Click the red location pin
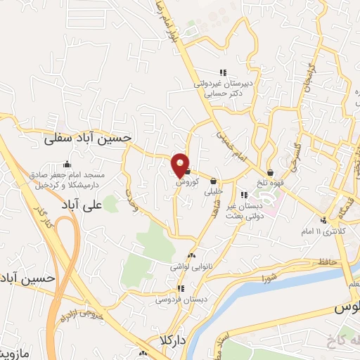tap(180, 165)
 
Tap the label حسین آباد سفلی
tap(87, 139)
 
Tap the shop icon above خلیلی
tap(212, 180)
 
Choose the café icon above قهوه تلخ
tap(270, 172)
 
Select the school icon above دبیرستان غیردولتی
tap(224, 72)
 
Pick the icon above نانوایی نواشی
tap(191, 256)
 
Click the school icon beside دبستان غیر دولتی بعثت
tap(243, 195)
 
